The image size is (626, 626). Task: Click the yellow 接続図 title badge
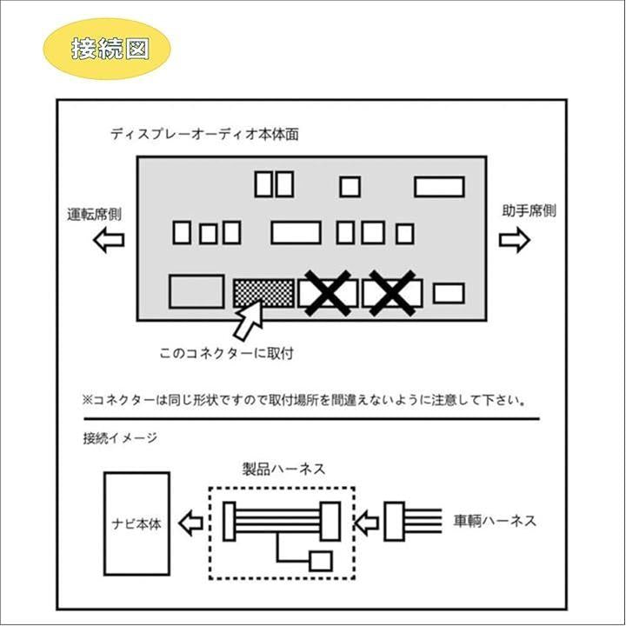[x=107, y=48]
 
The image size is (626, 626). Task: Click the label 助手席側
[x=528, y=211]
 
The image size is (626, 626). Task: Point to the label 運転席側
[x=94, y=213]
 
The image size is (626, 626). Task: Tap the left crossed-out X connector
[x=328, y=293]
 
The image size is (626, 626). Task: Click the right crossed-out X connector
[x=392, y=293]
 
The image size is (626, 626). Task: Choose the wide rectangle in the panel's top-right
[x=438, y=187]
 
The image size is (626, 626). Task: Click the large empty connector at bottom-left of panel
[x=196, y=291]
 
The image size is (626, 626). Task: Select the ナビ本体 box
[x=137, y=524]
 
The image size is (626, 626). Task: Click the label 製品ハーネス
[x=283, y=469]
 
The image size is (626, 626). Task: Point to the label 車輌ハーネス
[x=495, y=522]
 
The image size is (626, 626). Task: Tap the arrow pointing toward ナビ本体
[x=190, y=523]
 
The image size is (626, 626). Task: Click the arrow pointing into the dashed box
[x=368, y=523]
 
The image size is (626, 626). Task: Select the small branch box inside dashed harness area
[x=321, y=561]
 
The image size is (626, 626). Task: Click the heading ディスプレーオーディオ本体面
[x=205, y=135]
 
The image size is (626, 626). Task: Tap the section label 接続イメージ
[x=120, y=437]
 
